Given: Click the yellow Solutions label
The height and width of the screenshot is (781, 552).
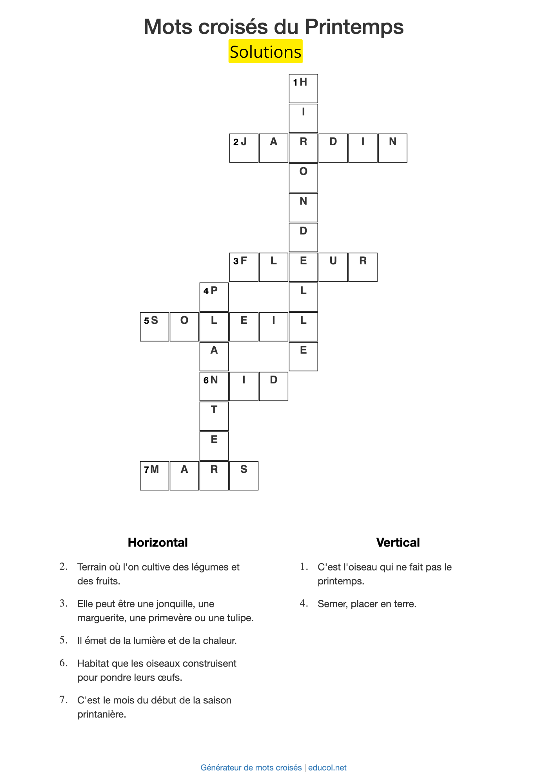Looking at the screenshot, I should pos(265,51).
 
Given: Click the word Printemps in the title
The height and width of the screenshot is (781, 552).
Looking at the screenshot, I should pos(354,27).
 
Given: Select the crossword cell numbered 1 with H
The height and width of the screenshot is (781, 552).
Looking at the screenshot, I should pos(303,88).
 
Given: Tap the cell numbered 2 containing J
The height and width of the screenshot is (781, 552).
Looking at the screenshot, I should pos(243,148).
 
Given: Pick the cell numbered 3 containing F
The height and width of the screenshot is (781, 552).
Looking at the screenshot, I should pos(243,267).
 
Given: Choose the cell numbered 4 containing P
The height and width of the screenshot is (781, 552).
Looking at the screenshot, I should pos(214,297).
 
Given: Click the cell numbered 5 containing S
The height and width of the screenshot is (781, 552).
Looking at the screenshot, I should pos(154,326).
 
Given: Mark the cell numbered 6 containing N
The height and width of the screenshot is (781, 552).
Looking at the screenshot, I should pos(214,386).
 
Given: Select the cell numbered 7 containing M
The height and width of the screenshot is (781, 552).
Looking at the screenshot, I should pos(154,475).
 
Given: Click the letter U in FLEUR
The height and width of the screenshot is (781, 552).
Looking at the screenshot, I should pos(333,267).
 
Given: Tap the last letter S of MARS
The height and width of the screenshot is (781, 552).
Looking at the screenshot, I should pos(243,475).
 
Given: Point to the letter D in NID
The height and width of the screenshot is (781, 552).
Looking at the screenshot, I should pos(273,386).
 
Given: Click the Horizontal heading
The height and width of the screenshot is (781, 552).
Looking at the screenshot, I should pos(158,542).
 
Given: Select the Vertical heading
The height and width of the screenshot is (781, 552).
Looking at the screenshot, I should pos(398,542).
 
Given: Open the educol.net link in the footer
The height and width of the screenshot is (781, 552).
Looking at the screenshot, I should pos(327,767).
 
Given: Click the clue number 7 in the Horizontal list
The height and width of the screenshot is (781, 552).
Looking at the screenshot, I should pos(63,700).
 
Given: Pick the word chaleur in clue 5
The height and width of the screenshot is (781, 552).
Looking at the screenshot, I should pos(219,641).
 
